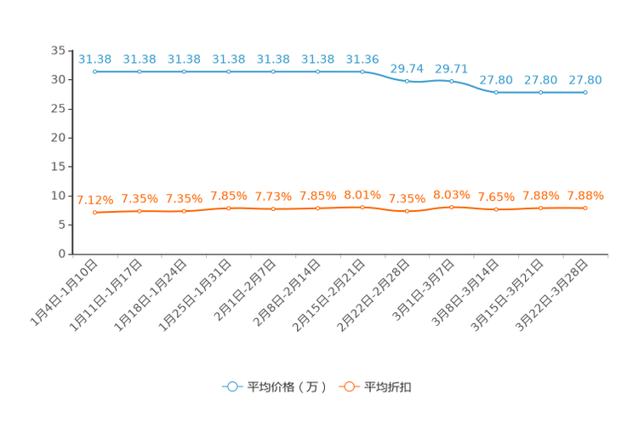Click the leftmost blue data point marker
click(95, 71)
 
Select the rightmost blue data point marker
click(585, 91)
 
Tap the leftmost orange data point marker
click(95, 213)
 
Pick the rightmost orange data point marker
click(585, 208)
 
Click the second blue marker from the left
click(140, 71)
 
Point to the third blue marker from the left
click(185, 71)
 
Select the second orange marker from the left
click(140, 210)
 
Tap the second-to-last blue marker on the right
click(541, 91)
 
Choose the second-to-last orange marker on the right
click(541, 207)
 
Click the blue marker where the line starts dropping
click(362, 71)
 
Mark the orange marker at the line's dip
click(408, 211)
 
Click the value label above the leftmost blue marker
click(95, 60)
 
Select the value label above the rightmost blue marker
click(585, 80)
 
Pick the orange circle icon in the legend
click(348, 387)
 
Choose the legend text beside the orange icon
click(389, 388)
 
